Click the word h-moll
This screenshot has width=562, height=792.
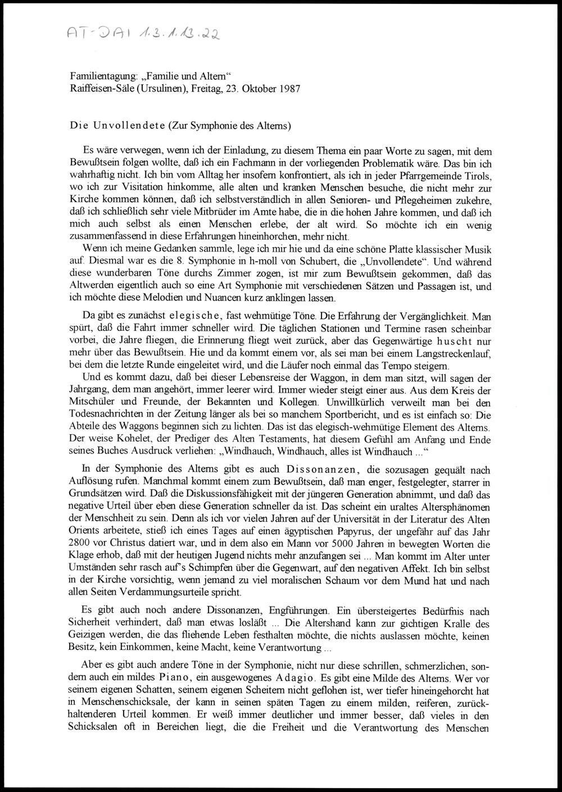(x=220, y=260)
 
